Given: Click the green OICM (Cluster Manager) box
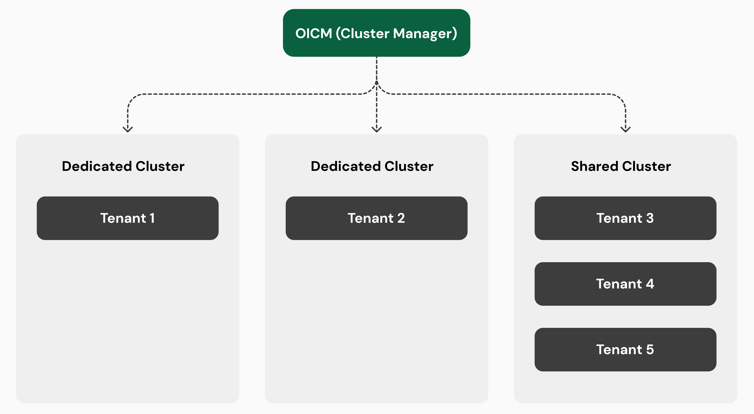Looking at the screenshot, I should click(376, 33).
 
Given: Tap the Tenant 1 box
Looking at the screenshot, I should click(128, 218).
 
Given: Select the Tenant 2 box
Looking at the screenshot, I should click(376, 218).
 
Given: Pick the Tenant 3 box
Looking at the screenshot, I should click(625, 218).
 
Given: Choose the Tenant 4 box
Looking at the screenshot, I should click(625, 284).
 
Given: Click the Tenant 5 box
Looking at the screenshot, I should click(625, 349).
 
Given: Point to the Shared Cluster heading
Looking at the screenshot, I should click(621, 166).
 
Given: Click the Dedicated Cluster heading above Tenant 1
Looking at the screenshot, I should click(123, 166).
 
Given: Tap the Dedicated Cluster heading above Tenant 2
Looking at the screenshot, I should click(372, 166).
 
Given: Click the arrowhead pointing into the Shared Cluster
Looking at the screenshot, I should click(625, 129).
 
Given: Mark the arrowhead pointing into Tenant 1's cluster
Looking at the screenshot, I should click(128, 129).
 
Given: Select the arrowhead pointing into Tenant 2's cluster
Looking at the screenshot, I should click(376, 129).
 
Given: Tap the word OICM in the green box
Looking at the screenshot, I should click(314, 33).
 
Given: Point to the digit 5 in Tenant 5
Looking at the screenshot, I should click(650, 349).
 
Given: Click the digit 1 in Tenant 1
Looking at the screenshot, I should click(152, 218).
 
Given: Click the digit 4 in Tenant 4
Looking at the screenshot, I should click(650, 284).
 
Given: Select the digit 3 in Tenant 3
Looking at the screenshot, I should click(650, 218).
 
